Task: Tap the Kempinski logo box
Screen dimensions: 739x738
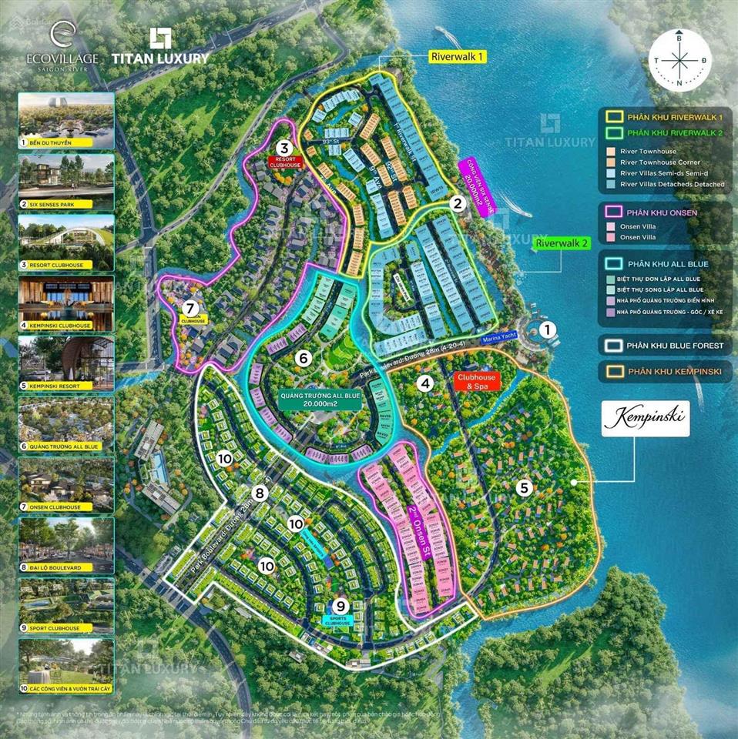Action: coord(646,419)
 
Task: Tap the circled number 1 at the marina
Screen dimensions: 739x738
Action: coord(547,330)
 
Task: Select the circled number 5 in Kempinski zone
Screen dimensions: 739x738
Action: coord(525,487)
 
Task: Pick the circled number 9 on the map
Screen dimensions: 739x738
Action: coord(340,606)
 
